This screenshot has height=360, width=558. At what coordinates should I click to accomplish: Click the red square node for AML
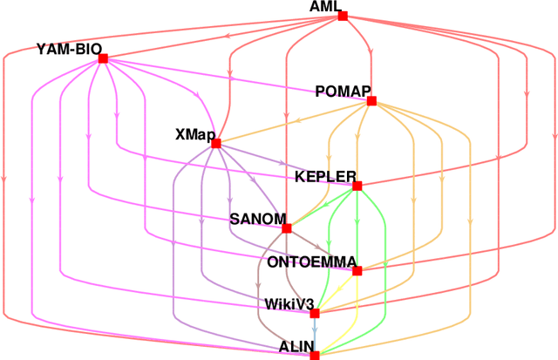click(343, 16)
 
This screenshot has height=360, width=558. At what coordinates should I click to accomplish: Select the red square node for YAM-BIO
click(103, 58)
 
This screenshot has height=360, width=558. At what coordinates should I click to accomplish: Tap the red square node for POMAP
click(371, 101)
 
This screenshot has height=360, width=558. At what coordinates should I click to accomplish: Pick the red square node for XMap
click(215, 143)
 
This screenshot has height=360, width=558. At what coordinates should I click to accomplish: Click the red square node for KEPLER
click(357, 185)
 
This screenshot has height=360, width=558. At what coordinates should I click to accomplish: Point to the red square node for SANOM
click(286, 228)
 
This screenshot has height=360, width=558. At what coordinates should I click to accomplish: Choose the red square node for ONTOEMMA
click(357, 270)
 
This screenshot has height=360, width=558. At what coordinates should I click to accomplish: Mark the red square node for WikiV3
click(315, 313)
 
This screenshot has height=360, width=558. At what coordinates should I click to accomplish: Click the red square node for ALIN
click(315, 355)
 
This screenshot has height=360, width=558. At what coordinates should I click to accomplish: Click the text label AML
click(325, 7)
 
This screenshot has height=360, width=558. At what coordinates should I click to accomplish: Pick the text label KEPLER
click(323, 176)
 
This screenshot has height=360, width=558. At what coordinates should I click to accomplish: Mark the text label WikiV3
click(287, 303)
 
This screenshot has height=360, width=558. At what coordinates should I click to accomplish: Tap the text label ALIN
click(295, 346)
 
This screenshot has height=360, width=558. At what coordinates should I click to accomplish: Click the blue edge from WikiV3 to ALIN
click(315, 334)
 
